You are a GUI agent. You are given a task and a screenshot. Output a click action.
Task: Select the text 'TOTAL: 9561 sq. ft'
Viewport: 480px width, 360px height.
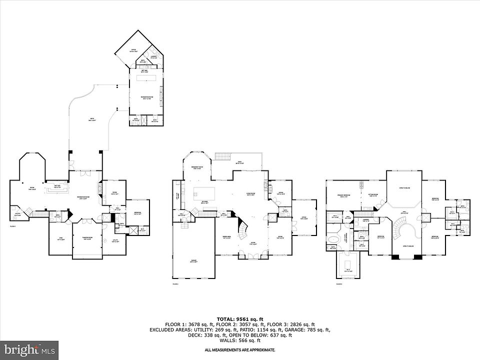240,319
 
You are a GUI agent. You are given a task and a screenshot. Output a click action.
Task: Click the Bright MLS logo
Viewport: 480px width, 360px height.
29,348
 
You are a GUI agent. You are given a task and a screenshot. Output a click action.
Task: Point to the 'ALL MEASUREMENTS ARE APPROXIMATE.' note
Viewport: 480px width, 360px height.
240,350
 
